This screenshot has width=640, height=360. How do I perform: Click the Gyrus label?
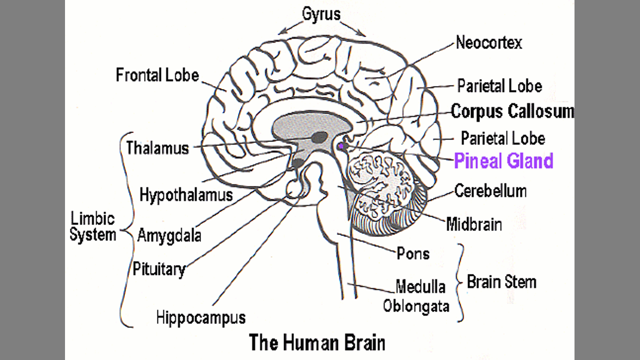pos(321,14)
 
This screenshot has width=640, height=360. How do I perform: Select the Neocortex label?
pos(488,43)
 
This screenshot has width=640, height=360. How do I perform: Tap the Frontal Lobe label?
pos(157,75)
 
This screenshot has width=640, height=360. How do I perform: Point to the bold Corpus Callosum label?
pos(512,111)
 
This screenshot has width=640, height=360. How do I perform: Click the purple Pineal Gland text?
pos(503,161)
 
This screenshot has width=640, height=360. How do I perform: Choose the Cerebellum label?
pos(490,190)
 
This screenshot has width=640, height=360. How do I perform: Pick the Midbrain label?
pos(473,224)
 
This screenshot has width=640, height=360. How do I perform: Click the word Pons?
pos(413,253)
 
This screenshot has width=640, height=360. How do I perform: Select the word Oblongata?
pos(416,306)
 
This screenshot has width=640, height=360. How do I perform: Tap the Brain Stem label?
pos(501,282)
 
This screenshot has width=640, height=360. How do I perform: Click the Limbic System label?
pos(92,226)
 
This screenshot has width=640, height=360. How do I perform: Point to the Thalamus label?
pos(157,148)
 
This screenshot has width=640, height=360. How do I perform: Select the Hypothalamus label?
pos(186,194)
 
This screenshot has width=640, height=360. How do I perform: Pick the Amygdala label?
pos(169,234)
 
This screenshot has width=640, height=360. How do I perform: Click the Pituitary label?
pos(158,269)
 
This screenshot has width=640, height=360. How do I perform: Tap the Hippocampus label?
pos(200,317)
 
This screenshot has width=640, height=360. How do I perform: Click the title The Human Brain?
pos(317,343)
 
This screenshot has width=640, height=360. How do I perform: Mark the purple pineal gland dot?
pos(340,146)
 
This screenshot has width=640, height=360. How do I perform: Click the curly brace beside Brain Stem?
pos(459,282)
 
